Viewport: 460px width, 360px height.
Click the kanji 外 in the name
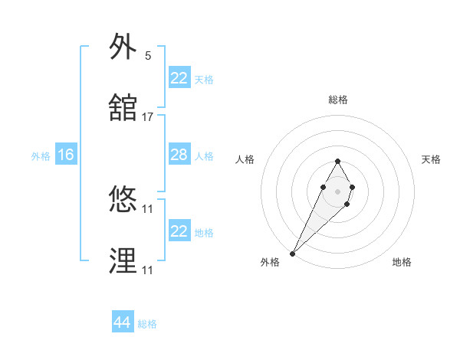[123, 48]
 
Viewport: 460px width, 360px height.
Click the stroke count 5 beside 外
[147, 56]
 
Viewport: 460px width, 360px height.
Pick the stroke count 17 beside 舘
[147, 117]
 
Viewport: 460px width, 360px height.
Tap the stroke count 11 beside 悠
[147, 208]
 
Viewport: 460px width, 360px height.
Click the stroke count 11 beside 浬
[147, 270]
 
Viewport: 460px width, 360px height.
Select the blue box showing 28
[179, 155]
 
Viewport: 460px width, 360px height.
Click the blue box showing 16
[65, 155]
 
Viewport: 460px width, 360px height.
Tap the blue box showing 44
[122, 322]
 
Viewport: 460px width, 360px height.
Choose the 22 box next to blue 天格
[179, 78]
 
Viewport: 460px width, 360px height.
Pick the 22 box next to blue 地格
[179, 231]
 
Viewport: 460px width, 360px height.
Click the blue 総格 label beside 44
[147, 324]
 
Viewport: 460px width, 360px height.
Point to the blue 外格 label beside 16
[41, 155]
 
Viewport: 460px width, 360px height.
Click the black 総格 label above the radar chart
[337, 100]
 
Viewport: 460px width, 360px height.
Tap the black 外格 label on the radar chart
[270, 263]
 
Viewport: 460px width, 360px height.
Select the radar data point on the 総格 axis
[337, 161]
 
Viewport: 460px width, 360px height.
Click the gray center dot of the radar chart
[337, 190]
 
